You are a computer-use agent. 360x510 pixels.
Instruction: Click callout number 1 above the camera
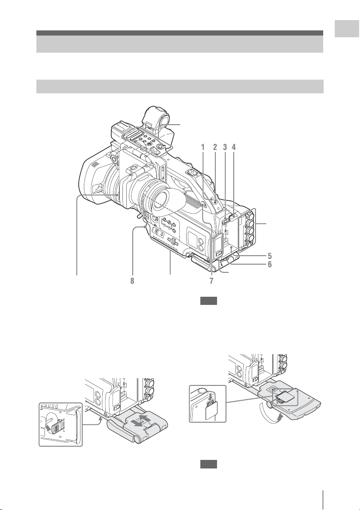(x=203, y=147)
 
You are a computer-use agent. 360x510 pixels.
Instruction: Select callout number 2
(x=215, y=147)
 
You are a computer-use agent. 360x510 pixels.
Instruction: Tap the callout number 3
(x=225, y=147)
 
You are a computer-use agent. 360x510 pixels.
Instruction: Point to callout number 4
(x=233, y=147)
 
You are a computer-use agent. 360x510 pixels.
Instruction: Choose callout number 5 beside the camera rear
(x=270, y=256)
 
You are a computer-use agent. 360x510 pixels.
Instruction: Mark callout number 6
(x=270, y=264)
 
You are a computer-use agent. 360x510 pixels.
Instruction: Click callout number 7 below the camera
(x=211, y=281)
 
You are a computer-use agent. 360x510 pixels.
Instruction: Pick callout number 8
(x=132, y=281)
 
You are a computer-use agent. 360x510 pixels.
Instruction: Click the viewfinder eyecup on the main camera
(x=167, y=203)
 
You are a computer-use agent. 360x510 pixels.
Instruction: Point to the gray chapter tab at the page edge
(x=347, y=29)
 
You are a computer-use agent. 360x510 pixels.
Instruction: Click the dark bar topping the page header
(x=179, y=33)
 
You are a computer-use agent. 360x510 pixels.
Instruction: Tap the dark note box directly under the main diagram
(x=208, y=301)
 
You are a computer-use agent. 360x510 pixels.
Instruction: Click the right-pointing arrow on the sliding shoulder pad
(x=146, y=418)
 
